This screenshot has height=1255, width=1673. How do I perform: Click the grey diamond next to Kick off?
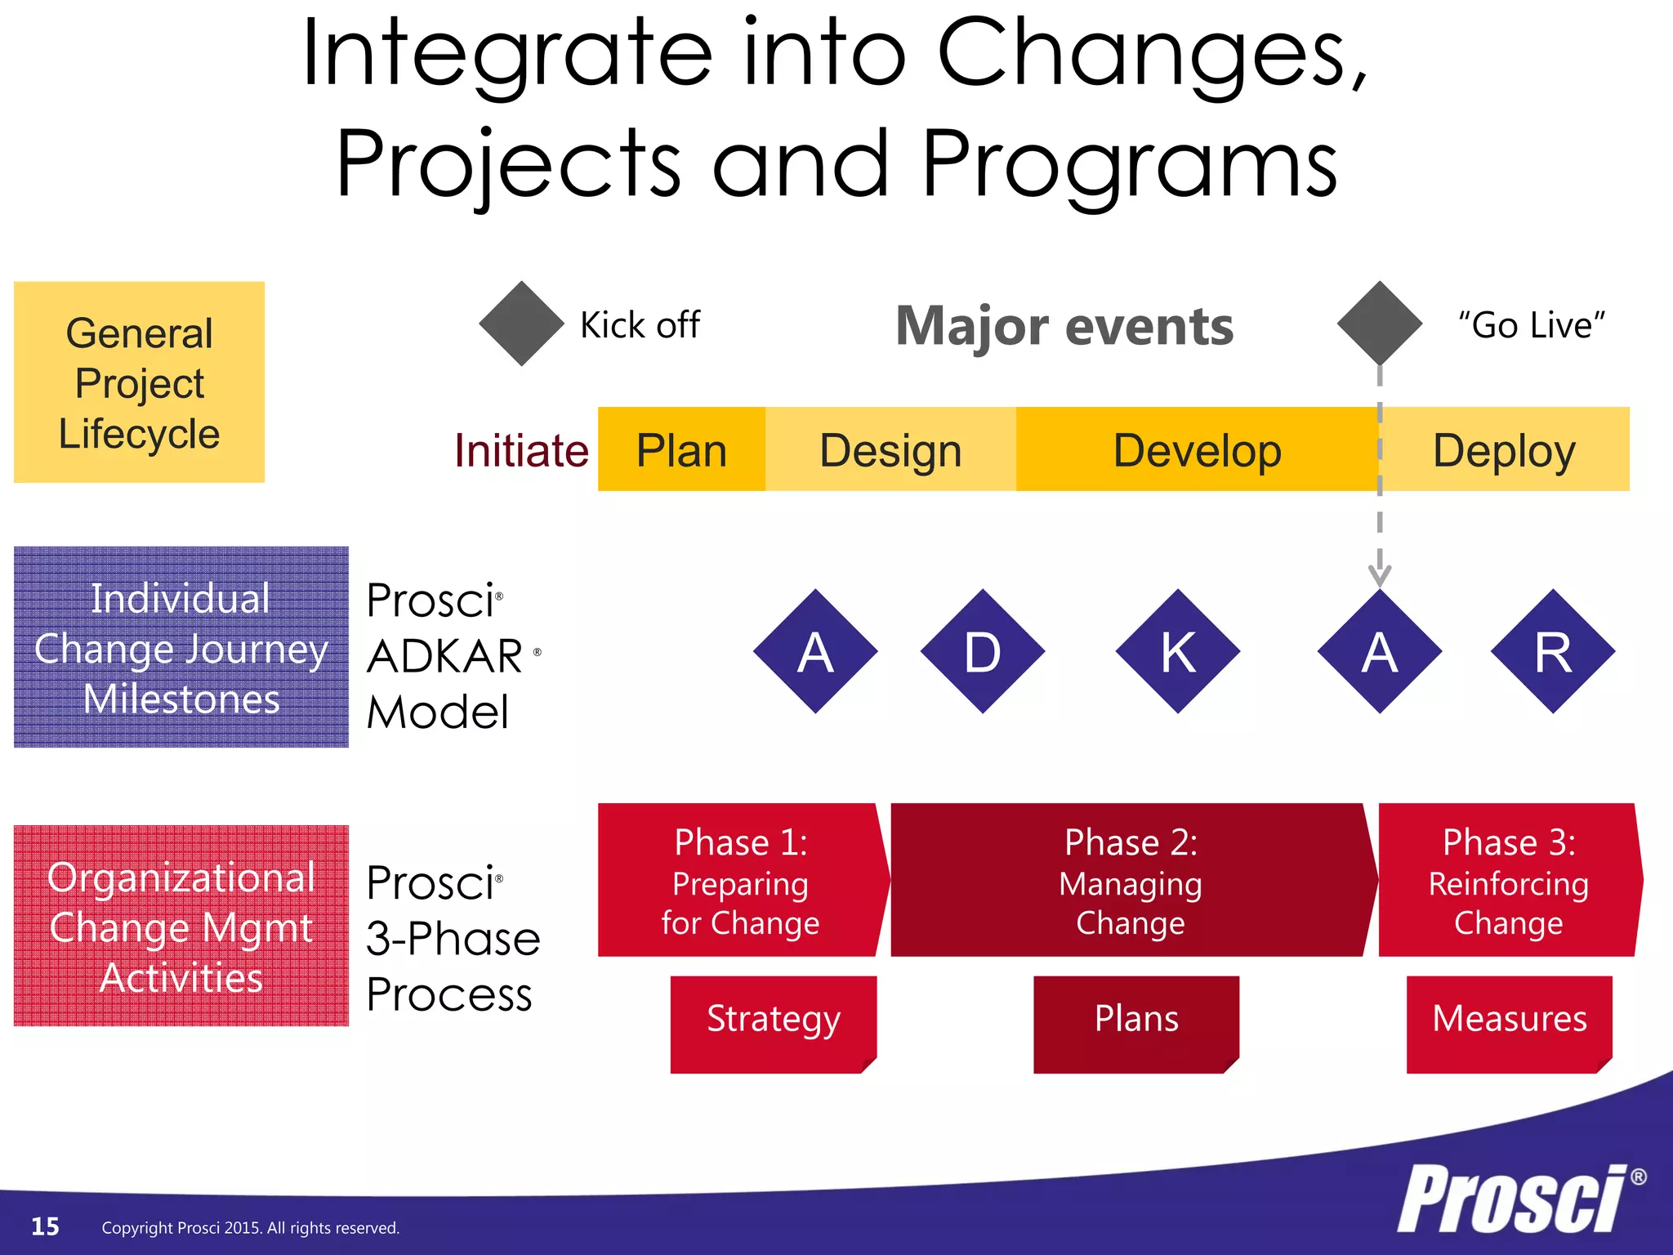pos(521,324)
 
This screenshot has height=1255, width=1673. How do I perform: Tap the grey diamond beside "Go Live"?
pos(1380,324)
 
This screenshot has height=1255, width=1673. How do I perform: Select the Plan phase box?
pos(681,449)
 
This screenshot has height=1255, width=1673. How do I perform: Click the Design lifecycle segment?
pos(890,449)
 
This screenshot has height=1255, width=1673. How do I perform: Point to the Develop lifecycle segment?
pos(1197,449)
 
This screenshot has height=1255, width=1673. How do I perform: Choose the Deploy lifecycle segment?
pos(1505,449)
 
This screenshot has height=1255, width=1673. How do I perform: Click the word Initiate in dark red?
pos(521,450)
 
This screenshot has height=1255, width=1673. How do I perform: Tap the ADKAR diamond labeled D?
pos(982,651)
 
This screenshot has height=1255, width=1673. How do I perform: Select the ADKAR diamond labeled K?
pos(1178,651)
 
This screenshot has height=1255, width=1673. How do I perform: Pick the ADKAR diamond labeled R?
pos(1553,651)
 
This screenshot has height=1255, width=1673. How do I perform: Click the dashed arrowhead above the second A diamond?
pos(1380,574)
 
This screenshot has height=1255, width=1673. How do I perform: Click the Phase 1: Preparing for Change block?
pos(741,881)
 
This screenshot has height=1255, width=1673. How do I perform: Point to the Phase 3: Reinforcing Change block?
pos(1509,881)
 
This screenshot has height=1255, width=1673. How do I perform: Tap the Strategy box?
pos(773,1023)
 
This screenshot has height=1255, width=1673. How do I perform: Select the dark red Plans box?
pos(1136,1023)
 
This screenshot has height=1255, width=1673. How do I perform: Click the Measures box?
pos(1509,1023)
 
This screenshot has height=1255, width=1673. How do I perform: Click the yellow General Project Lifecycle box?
pos(140,382)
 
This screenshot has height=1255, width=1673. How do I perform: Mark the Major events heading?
pos(1064,326)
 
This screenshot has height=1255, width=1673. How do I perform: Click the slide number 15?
pos(45,1226)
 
